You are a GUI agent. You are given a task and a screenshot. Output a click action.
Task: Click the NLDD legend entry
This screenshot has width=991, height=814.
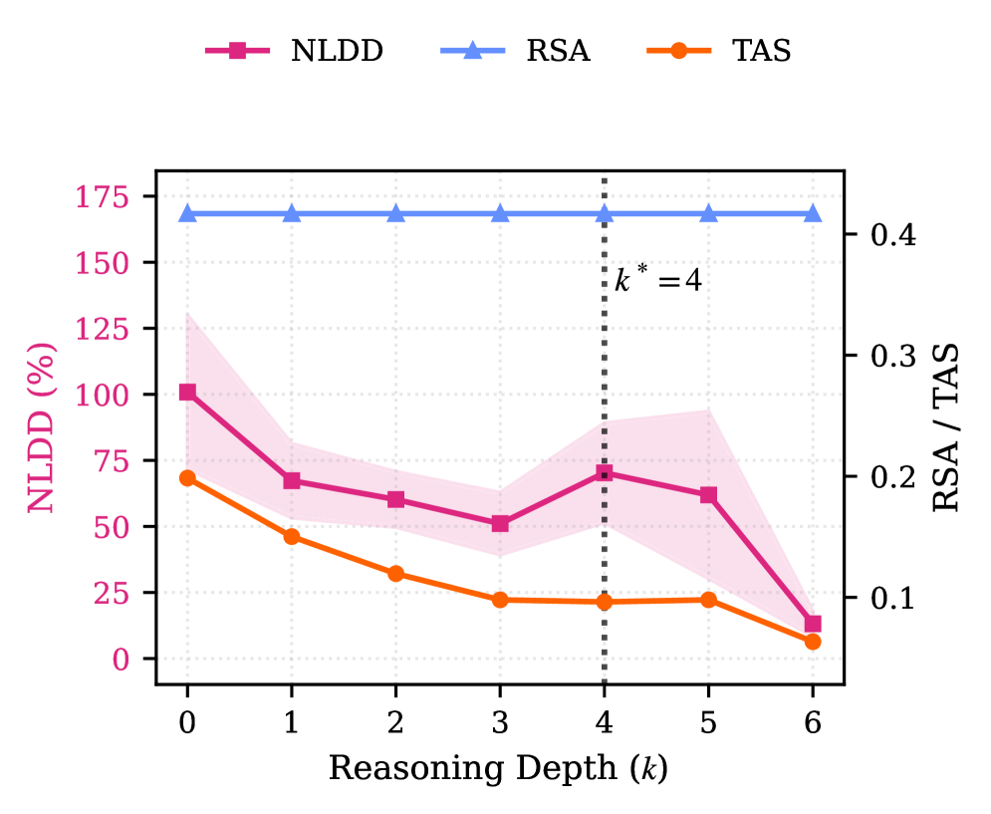click(x=295, y=52)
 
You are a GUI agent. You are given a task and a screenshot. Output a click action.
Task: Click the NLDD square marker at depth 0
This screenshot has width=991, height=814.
click(x=187, y=392)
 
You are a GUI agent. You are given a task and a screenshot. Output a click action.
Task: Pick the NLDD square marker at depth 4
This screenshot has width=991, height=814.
click(x=605, y=472)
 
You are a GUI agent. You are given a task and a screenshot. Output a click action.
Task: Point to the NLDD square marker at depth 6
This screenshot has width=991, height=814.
click(x=813, y=624)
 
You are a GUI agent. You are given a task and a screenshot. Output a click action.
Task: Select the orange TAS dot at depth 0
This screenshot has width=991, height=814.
click(x=187, y=478)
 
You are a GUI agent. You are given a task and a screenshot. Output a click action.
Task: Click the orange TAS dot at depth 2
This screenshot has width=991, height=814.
click(x=395, y=574)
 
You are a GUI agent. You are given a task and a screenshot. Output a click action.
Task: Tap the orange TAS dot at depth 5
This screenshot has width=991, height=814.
click(x=708, y=600)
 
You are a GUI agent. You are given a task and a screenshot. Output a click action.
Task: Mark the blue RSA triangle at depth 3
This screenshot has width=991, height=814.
click(x=500, y=213)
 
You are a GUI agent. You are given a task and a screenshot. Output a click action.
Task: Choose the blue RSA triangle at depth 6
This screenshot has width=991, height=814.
click(x=813, y=213)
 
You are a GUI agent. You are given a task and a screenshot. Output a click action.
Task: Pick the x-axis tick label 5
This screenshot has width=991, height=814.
click(x=708, y=723)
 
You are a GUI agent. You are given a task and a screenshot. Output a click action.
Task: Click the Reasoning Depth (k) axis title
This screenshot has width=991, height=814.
click(x=498, y=769)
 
